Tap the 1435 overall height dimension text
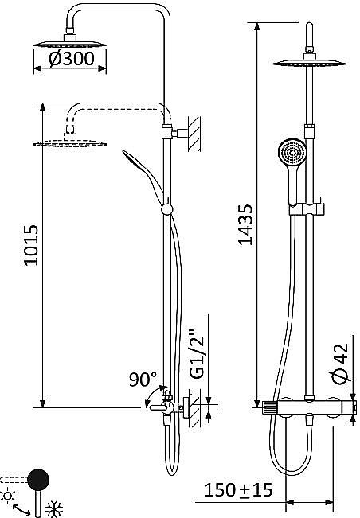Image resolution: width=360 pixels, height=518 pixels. click(x=246, y=224)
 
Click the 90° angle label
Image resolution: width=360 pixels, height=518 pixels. click(x=143, y=379)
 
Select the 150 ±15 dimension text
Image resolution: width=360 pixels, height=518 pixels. click(x=238, y=490)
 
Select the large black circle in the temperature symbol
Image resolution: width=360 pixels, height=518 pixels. click(x=37, y=480)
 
